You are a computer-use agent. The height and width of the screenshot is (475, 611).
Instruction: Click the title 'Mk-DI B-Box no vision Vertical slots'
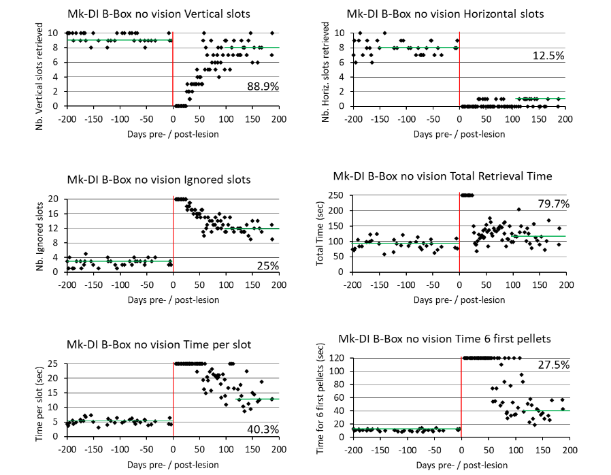click(159, 14)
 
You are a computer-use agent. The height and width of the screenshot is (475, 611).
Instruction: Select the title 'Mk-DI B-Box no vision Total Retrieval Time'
click(442, 176)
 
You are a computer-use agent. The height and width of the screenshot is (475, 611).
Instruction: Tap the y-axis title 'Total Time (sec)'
click(320, 235)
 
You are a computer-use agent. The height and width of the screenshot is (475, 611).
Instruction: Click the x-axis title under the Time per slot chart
click(173, 465)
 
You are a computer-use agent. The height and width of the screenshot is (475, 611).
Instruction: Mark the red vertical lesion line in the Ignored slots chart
click(173, 235)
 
